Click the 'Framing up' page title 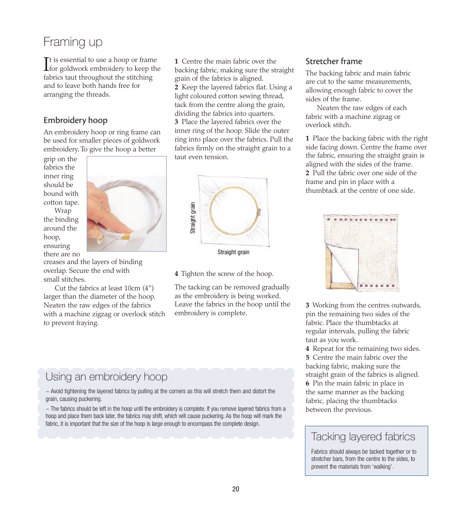point(73,42)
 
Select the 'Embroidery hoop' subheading point(75,120)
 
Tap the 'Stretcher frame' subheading point(334,61)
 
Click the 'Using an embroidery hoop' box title point(106,377)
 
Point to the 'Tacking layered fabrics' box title point(363,437)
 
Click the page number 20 point(236,489)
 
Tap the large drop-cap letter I point(46,64)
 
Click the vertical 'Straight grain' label point(193,218)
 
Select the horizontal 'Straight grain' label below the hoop point(233,252)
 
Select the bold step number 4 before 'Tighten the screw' point(176,274)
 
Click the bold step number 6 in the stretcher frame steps point(307,383)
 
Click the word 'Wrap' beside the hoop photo point(63,211)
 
